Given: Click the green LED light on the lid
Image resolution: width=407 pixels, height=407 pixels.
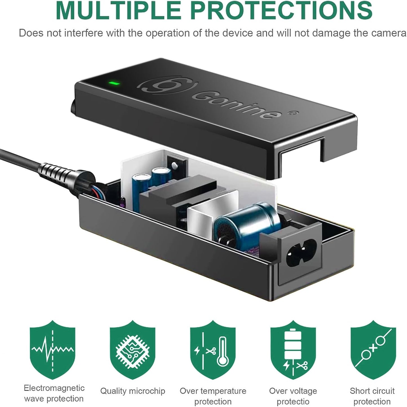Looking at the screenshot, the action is tap(114, 83).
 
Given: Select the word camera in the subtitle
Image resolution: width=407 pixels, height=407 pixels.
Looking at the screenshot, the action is tap(387, 33).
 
